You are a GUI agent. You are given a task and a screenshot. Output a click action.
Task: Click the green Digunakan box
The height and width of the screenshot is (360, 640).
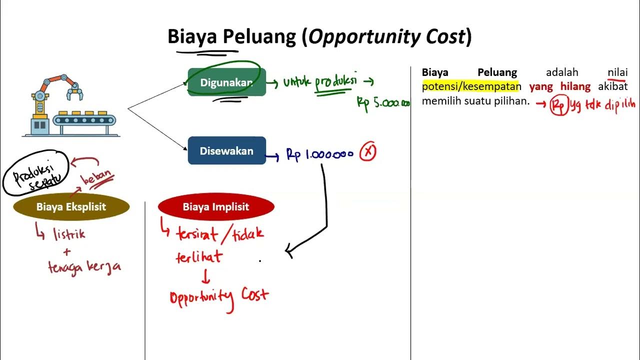[x=226, y=82]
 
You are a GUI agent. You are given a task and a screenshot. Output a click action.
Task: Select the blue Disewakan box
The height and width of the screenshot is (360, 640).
[x=226, y=151]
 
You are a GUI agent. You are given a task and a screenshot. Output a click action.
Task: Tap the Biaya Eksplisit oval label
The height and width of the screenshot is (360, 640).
[x=71, y=207]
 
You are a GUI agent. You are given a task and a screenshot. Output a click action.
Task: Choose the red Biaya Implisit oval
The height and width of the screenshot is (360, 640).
[x=216, y=207]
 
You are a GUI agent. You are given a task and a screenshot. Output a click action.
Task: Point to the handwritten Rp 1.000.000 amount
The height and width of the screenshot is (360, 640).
[x=320, y=154]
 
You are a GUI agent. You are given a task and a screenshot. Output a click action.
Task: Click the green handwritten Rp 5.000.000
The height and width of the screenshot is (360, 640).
[x=383, y=103]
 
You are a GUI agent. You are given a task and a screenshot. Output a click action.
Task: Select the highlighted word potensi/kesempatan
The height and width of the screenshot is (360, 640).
[x=471, y=86]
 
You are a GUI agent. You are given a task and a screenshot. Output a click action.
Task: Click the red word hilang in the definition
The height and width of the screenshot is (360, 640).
[x=575, y=86]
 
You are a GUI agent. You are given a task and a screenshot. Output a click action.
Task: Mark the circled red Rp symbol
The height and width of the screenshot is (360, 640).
[x=558, y=105]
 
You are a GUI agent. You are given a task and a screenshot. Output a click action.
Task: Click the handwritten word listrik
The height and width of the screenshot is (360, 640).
[x=69, y=233]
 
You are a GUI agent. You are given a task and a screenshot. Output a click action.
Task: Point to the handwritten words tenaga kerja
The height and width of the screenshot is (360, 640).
[x=84, y=267]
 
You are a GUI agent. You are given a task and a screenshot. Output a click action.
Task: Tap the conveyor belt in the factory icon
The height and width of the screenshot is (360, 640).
[x=84, y=120]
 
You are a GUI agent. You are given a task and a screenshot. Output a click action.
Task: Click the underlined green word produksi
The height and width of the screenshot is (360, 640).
[x=335, y=82]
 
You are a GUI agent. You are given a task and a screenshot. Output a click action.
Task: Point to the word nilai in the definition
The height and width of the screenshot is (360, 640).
[x=617, y=72]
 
